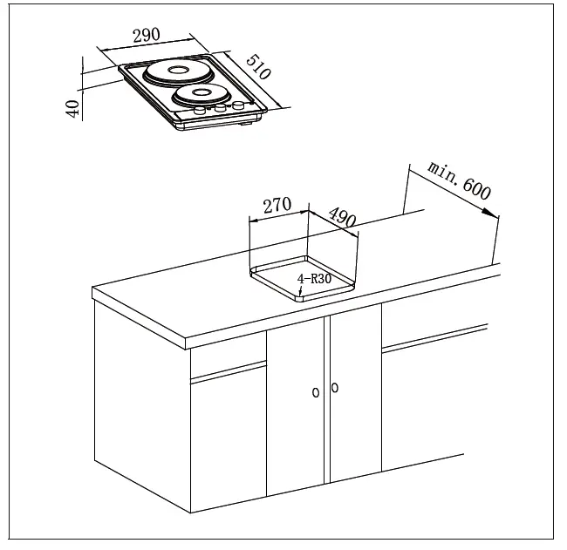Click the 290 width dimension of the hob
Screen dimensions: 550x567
(x=147, y=36)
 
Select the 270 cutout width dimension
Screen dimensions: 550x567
(x=276, y=207)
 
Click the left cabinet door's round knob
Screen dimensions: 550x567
(x=316, y=392)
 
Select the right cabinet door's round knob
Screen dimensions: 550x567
(x=336, y=388)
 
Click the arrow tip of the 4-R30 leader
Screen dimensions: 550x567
(x=300, y=292)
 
